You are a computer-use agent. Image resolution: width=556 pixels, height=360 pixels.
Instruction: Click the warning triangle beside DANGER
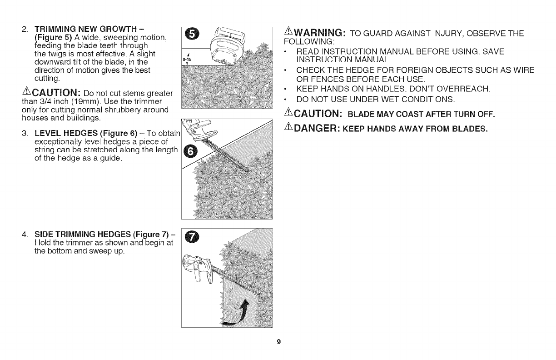pyautogui.click(x=287, y=128)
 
